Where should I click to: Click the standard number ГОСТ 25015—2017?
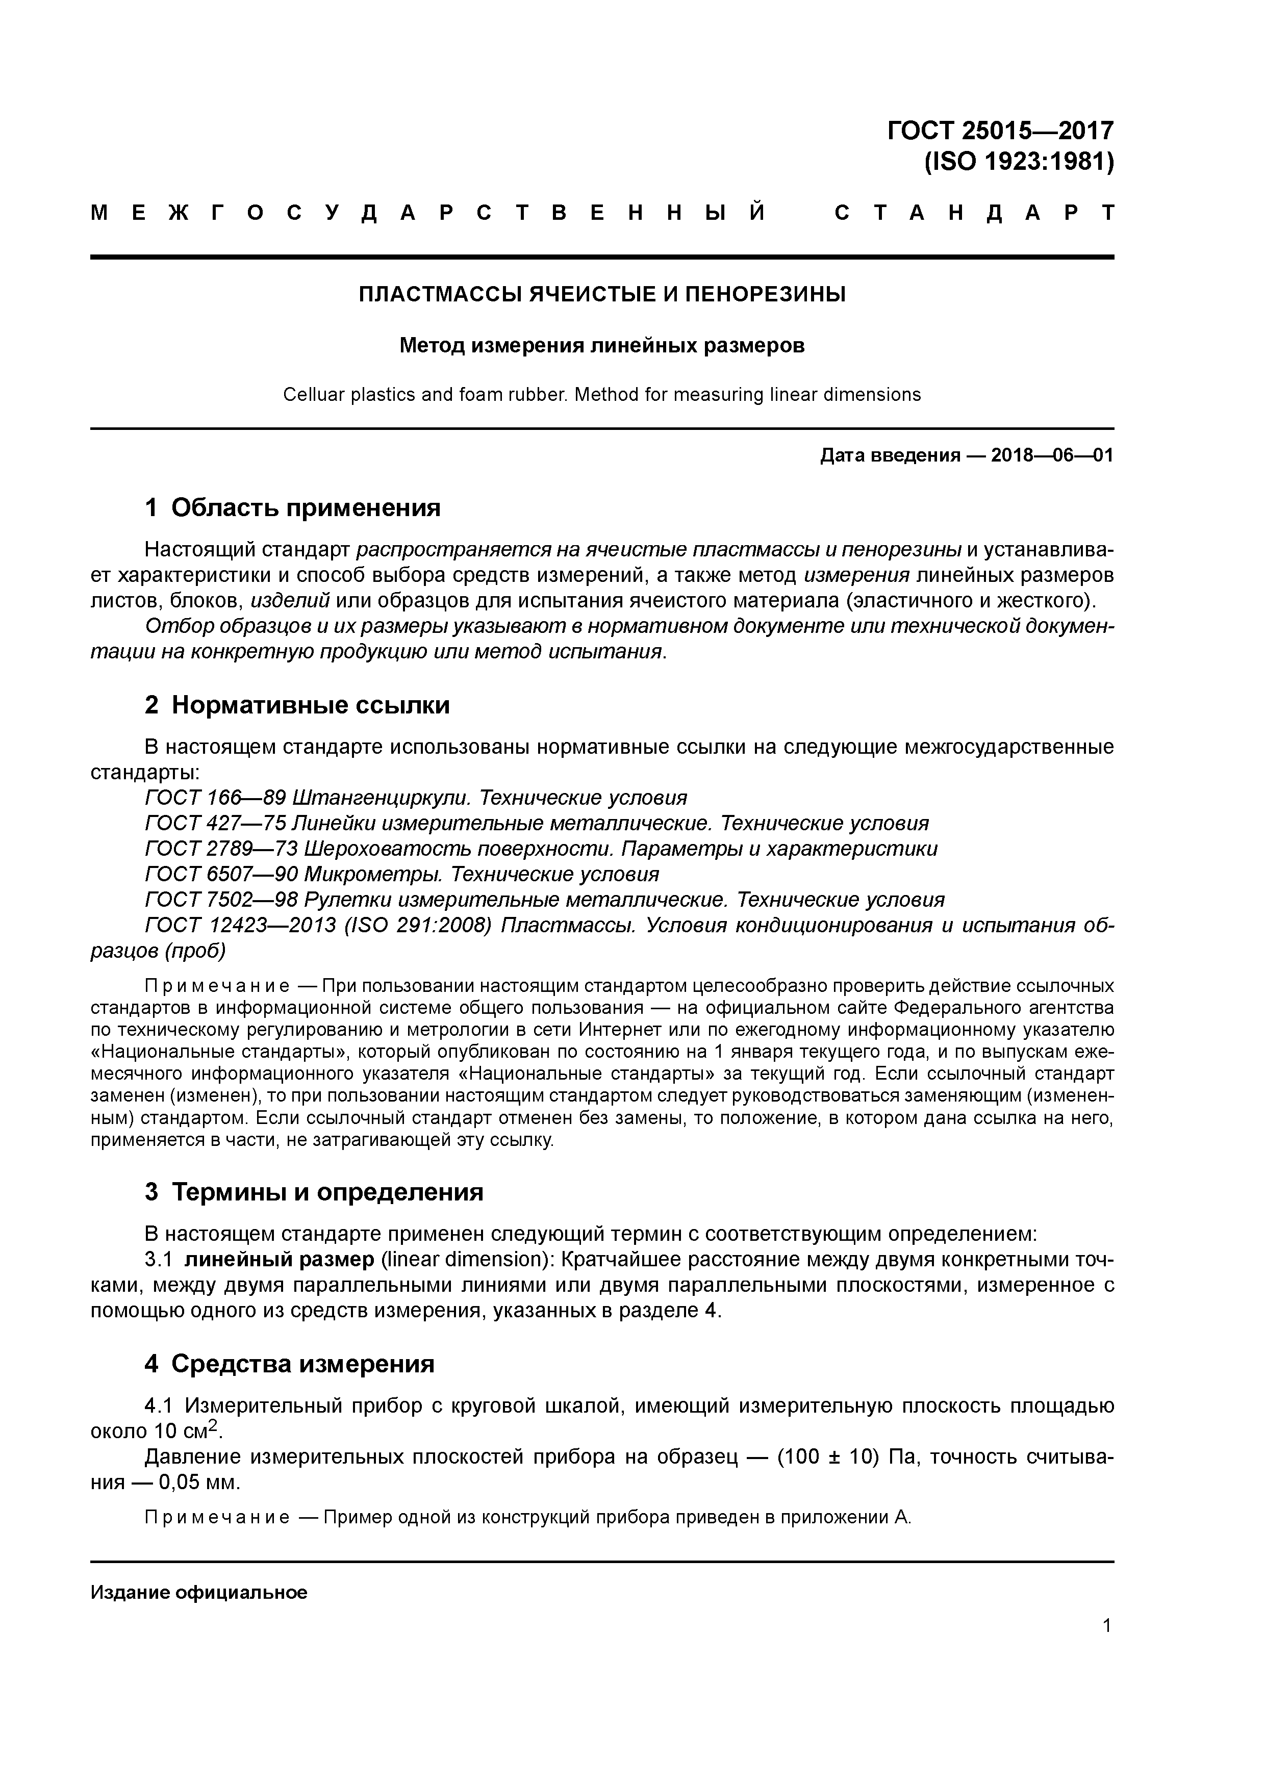pyautogui.click(x=1000, y=130)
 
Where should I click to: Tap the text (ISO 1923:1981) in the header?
pyautogui.click(x=1018, y=162)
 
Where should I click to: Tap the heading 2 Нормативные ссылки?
pyautogui.click(x=297, y=705)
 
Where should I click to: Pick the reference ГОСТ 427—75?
pyautogui.click(x=215, y=824)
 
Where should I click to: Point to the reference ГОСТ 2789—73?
pyautogui.click(x=221, y=849)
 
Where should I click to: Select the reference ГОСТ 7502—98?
pyautogui.click(x=221, y=900)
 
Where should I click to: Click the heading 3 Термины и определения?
pyautogui.click(x=314, y=1192)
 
